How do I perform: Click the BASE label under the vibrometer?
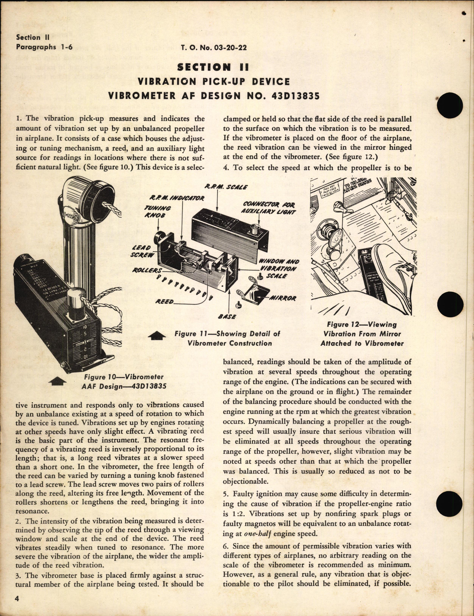click(227, 317)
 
